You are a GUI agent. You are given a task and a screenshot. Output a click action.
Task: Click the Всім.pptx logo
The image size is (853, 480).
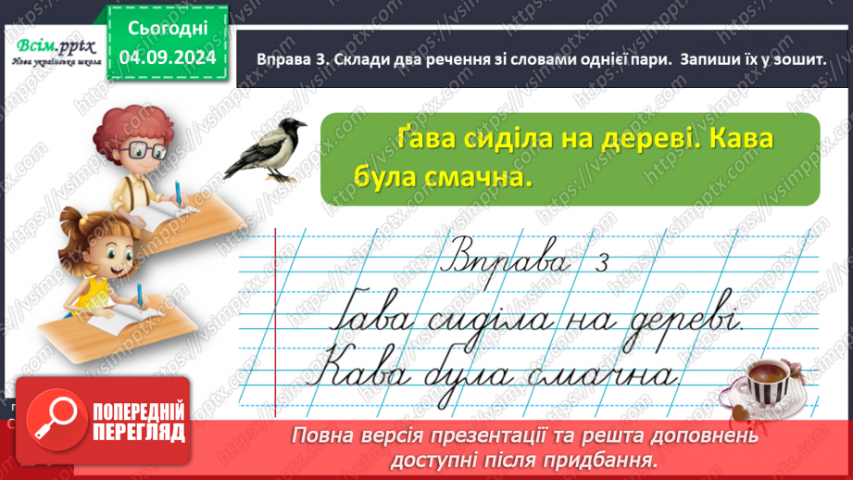(55, 44)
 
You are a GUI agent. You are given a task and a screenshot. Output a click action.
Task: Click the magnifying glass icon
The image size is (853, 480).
(56, 422)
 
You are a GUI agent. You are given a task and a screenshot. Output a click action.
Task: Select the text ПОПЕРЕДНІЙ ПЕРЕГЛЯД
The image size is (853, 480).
(139, 422)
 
